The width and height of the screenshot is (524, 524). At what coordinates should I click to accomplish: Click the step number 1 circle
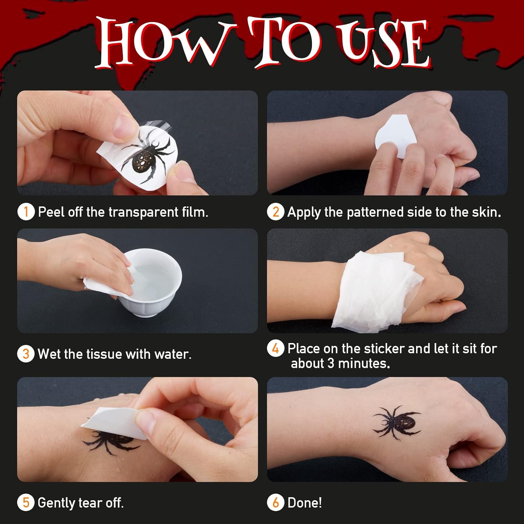tap(26, 212)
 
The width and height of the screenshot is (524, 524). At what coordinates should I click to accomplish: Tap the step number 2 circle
tap(276, 212)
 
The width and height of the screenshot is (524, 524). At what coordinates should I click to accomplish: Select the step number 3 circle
tap(26, 354)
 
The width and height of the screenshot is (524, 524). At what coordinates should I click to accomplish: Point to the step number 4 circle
tap(276, 348)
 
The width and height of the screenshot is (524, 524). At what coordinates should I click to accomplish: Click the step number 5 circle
tap(26, 502)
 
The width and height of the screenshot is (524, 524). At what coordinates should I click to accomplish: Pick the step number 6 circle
tap(276, 502)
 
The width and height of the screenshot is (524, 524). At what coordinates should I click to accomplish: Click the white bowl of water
tap(150, 281)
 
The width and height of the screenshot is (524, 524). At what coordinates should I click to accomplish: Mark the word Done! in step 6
tap(305, 503)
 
